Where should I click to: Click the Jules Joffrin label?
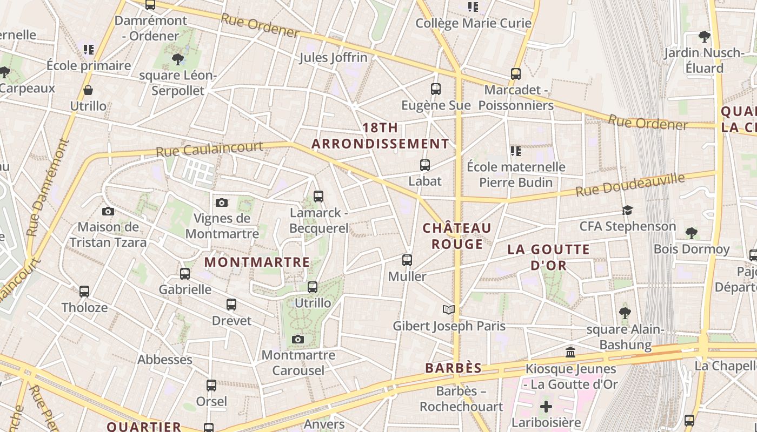[x=333, y=57]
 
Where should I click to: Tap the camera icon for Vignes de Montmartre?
[x=221, y=203]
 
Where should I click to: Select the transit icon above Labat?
[x=425, y=165]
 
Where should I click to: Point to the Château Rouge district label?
[x=457, y=236]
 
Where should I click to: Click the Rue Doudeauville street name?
[x=630, y=185]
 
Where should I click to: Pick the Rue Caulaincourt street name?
[x=209, y=149]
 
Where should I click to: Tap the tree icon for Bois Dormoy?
[x=691, y=233]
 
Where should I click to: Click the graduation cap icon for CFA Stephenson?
[x=627, y=210]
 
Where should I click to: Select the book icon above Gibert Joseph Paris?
[x=448, y=310]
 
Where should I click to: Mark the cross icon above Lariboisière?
[x=546, y=406]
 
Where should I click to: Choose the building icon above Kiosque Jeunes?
[x=570, y=353]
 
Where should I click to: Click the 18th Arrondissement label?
[x=380, y=136]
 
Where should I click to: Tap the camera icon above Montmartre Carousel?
[x=297, y=340]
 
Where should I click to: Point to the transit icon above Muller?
[x=407, y=260]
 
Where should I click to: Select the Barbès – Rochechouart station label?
[x=461, y=399]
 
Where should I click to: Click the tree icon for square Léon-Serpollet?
[x=177, y=59]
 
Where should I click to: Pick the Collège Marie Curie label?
[x=473, y=23]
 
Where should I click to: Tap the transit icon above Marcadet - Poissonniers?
[x=516, y=74]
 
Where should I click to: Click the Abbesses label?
[x=165, y=360]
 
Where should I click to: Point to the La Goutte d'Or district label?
[x=548, y=257]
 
